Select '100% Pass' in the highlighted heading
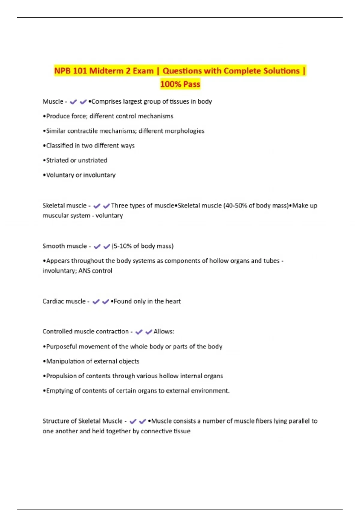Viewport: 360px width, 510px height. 180,84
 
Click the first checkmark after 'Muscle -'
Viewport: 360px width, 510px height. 73,102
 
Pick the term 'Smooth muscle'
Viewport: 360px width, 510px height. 64,246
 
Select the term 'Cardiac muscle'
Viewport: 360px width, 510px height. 64,301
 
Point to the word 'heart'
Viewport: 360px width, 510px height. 173,301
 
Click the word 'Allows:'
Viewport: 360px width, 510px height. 164,331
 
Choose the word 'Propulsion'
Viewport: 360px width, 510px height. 61,376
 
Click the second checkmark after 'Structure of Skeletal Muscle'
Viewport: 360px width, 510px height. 143,421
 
